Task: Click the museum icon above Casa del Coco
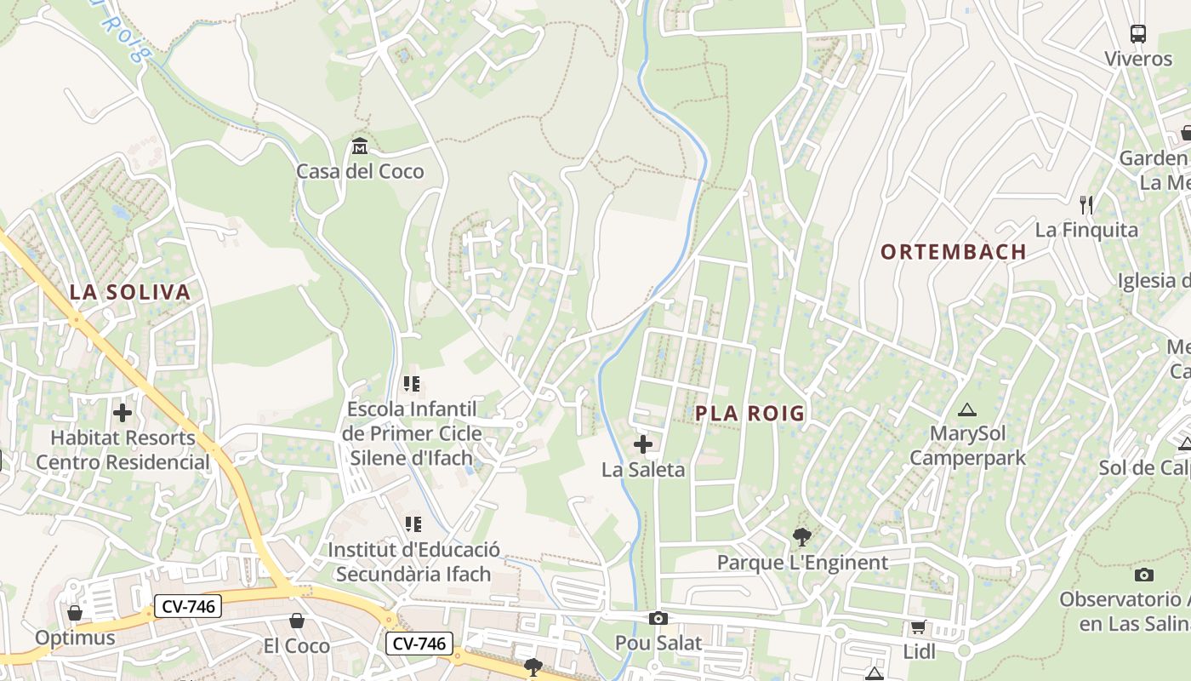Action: click(359, 146)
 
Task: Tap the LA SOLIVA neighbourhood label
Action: click(129, 293)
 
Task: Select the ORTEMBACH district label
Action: click(953, 252)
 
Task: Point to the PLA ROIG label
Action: click(749, 414)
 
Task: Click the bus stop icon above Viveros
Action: click(1138, 34)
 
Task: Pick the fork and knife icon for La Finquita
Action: click(1086, 204)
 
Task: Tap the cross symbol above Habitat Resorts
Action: click(123, 413)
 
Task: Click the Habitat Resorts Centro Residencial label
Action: click(123, 450)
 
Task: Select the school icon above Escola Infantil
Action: click(413, 384)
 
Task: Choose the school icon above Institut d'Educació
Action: click(413, 524)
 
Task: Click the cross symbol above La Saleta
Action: click(643, 444)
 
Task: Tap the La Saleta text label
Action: click(643, 469)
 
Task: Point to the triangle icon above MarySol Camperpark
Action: click(966, 410)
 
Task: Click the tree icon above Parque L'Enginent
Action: click(801, 537)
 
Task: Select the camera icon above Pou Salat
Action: click(658, 619)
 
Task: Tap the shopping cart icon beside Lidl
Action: click(918, 627)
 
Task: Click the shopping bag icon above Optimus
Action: click(75, 613)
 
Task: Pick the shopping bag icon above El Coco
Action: click(296, 621)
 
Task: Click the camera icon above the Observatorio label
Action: click(1144, 575)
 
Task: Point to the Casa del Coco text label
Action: click(360, 171)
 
